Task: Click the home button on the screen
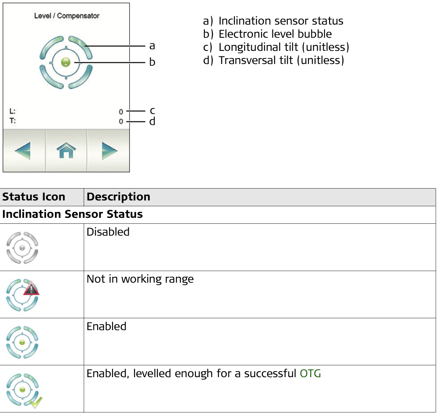coord(66,150)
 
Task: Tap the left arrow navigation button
coord(23,150)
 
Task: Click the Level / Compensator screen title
coord(67,16)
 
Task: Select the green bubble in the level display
coord(66,62)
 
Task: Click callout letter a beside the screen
coord(152,46)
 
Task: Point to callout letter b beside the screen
coord(152,61)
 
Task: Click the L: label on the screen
coord(13,111)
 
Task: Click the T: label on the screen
coord(13,121)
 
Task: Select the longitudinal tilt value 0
coord(121,112)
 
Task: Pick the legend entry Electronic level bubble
coord(275,34)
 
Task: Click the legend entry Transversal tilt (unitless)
coord(281,60)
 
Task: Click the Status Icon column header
coord(34,197)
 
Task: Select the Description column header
coord(118,197)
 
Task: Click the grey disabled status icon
coord(22,247)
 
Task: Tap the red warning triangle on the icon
coord(31,288)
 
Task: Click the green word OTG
coord(311,373)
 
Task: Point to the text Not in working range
coord(140,279)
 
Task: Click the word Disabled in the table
coord(108,232)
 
